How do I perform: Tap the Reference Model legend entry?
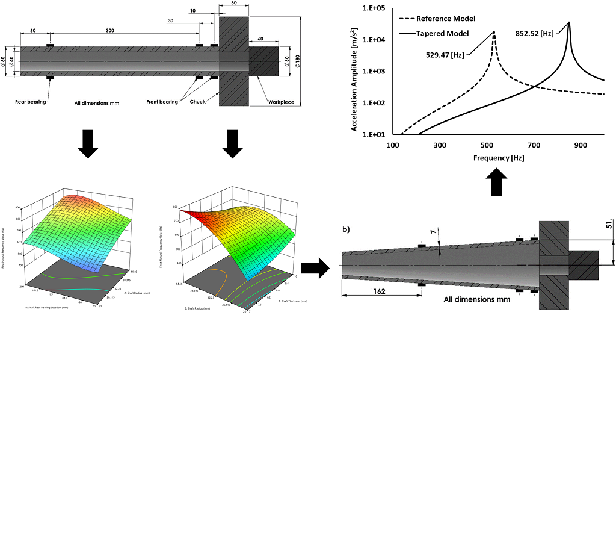click(446, 19)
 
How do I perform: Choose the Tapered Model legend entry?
click(442, 33)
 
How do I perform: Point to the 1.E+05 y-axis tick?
click(372, 8)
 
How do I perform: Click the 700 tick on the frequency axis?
click(533, 145)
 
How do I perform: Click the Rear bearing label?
click(31, 102)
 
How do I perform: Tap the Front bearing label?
click(162, 102)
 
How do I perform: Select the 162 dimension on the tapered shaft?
click(379, 291)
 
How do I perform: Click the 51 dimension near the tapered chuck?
click(609, 225)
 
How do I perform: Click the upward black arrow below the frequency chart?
click(496, 182)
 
